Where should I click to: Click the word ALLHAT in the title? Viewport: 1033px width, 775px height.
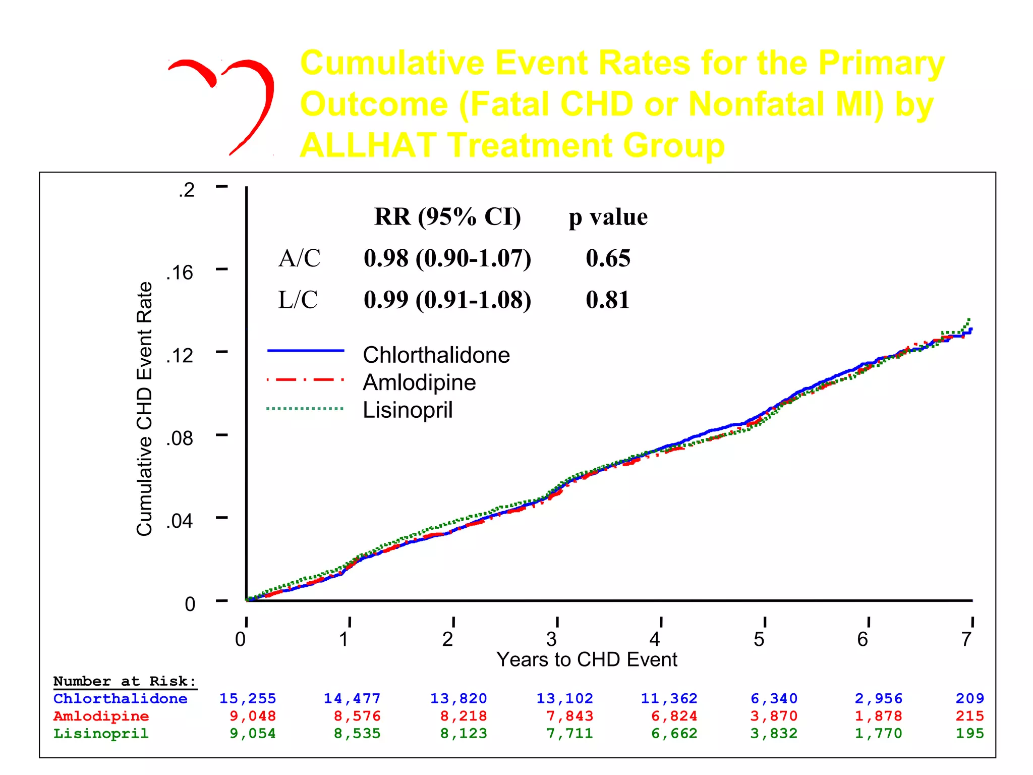[368, 145]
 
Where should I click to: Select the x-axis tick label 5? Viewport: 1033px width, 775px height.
[759, 639]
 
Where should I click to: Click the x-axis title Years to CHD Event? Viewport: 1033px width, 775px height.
[586, 659]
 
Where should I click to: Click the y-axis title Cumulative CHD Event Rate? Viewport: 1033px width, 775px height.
[144, 409]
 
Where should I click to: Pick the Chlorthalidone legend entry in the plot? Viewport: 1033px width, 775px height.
[436, 355]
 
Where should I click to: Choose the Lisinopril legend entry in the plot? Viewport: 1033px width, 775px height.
[408, 410]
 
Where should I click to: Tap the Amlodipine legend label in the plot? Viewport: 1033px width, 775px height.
[419, 382]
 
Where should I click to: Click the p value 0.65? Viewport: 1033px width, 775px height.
[608, 258]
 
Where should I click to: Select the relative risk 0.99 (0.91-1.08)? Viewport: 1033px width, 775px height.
[447, 300]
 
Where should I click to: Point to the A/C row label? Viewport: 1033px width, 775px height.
[299, 258]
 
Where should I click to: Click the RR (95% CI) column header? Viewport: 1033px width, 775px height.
[447, 217]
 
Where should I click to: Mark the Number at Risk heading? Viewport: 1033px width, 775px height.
[125, 681]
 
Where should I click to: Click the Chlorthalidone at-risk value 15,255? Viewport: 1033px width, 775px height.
[247, 699]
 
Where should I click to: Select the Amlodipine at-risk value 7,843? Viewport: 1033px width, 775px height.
[569, 716]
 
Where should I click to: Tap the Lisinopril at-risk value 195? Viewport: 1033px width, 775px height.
[969, 733]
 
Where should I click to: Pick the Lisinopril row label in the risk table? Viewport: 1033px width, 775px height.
[101, 733]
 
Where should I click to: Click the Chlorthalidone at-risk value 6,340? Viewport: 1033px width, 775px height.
[774, 699]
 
